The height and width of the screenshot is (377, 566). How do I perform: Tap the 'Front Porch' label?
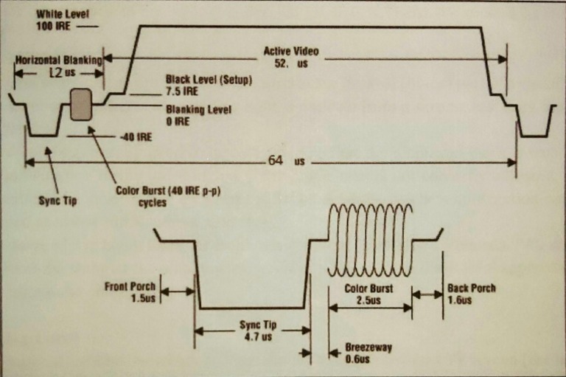131,284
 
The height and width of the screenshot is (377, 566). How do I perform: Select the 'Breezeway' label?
369,346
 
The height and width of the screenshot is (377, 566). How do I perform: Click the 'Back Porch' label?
471,288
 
